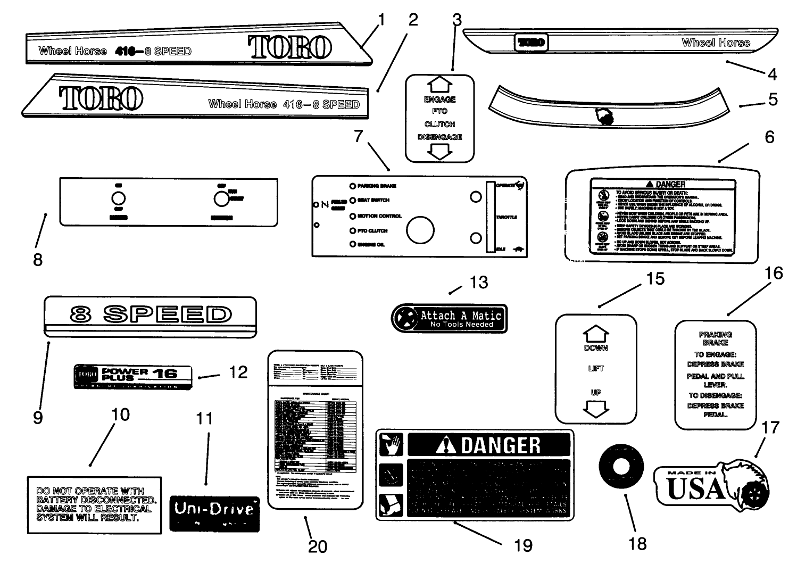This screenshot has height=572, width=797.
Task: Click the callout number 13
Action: pos(478,282)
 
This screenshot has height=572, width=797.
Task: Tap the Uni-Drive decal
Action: pos(214,513)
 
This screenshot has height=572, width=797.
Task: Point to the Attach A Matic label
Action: pos(450,319)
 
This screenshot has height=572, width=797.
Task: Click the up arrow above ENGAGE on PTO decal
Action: pos(439,84)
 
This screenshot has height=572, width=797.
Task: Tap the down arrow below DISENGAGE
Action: pos(439,152)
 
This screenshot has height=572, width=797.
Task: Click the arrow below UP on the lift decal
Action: pos(596,409)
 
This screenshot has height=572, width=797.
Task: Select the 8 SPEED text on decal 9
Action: pos(151,314)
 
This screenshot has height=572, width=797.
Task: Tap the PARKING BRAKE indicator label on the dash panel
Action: pos(377,186)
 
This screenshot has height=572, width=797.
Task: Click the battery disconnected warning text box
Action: pos(94,504)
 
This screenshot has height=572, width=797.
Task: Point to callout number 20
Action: pos(318,546)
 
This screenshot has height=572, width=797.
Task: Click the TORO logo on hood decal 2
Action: pos(101,98)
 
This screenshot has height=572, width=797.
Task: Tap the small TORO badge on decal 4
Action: pos(530,43)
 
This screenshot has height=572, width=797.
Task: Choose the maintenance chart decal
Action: pos(315,429)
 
